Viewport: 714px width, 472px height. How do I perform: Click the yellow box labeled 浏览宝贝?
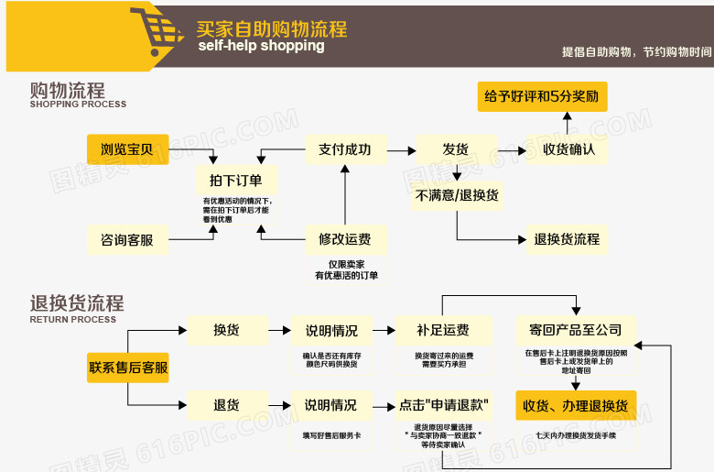(x=127, y=149)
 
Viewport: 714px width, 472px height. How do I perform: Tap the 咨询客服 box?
(x=127, y=240)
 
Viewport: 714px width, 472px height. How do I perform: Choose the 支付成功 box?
(x=345, y=149)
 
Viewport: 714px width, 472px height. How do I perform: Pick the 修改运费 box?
(x=345, y=240)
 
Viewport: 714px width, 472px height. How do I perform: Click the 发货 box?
(x=455, y=149)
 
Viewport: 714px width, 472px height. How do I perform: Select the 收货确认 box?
(x=568, y=149)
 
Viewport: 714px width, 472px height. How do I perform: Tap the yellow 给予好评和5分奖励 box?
(x=541, y=96)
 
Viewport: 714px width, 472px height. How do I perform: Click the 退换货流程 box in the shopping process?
(x=567, y=239)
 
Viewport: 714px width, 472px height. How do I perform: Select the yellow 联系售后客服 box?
(x=128, y=368)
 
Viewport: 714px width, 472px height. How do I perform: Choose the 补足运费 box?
(x=443, y=330)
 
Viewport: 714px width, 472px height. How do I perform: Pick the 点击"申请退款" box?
(x=443, y=404)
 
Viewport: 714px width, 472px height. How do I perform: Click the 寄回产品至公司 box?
(x=575, y=330)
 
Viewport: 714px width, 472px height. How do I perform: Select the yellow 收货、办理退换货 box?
(x=575, y=405)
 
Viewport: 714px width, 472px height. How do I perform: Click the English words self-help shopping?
(x=261, y=46)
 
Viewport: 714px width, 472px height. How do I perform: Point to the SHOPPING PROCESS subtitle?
(x=78, y=104)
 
